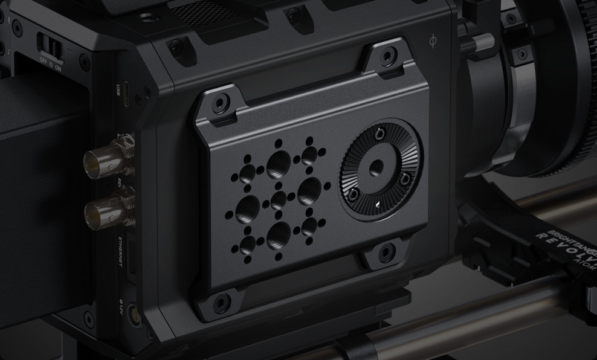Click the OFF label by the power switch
44,60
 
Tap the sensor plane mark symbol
433,42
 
